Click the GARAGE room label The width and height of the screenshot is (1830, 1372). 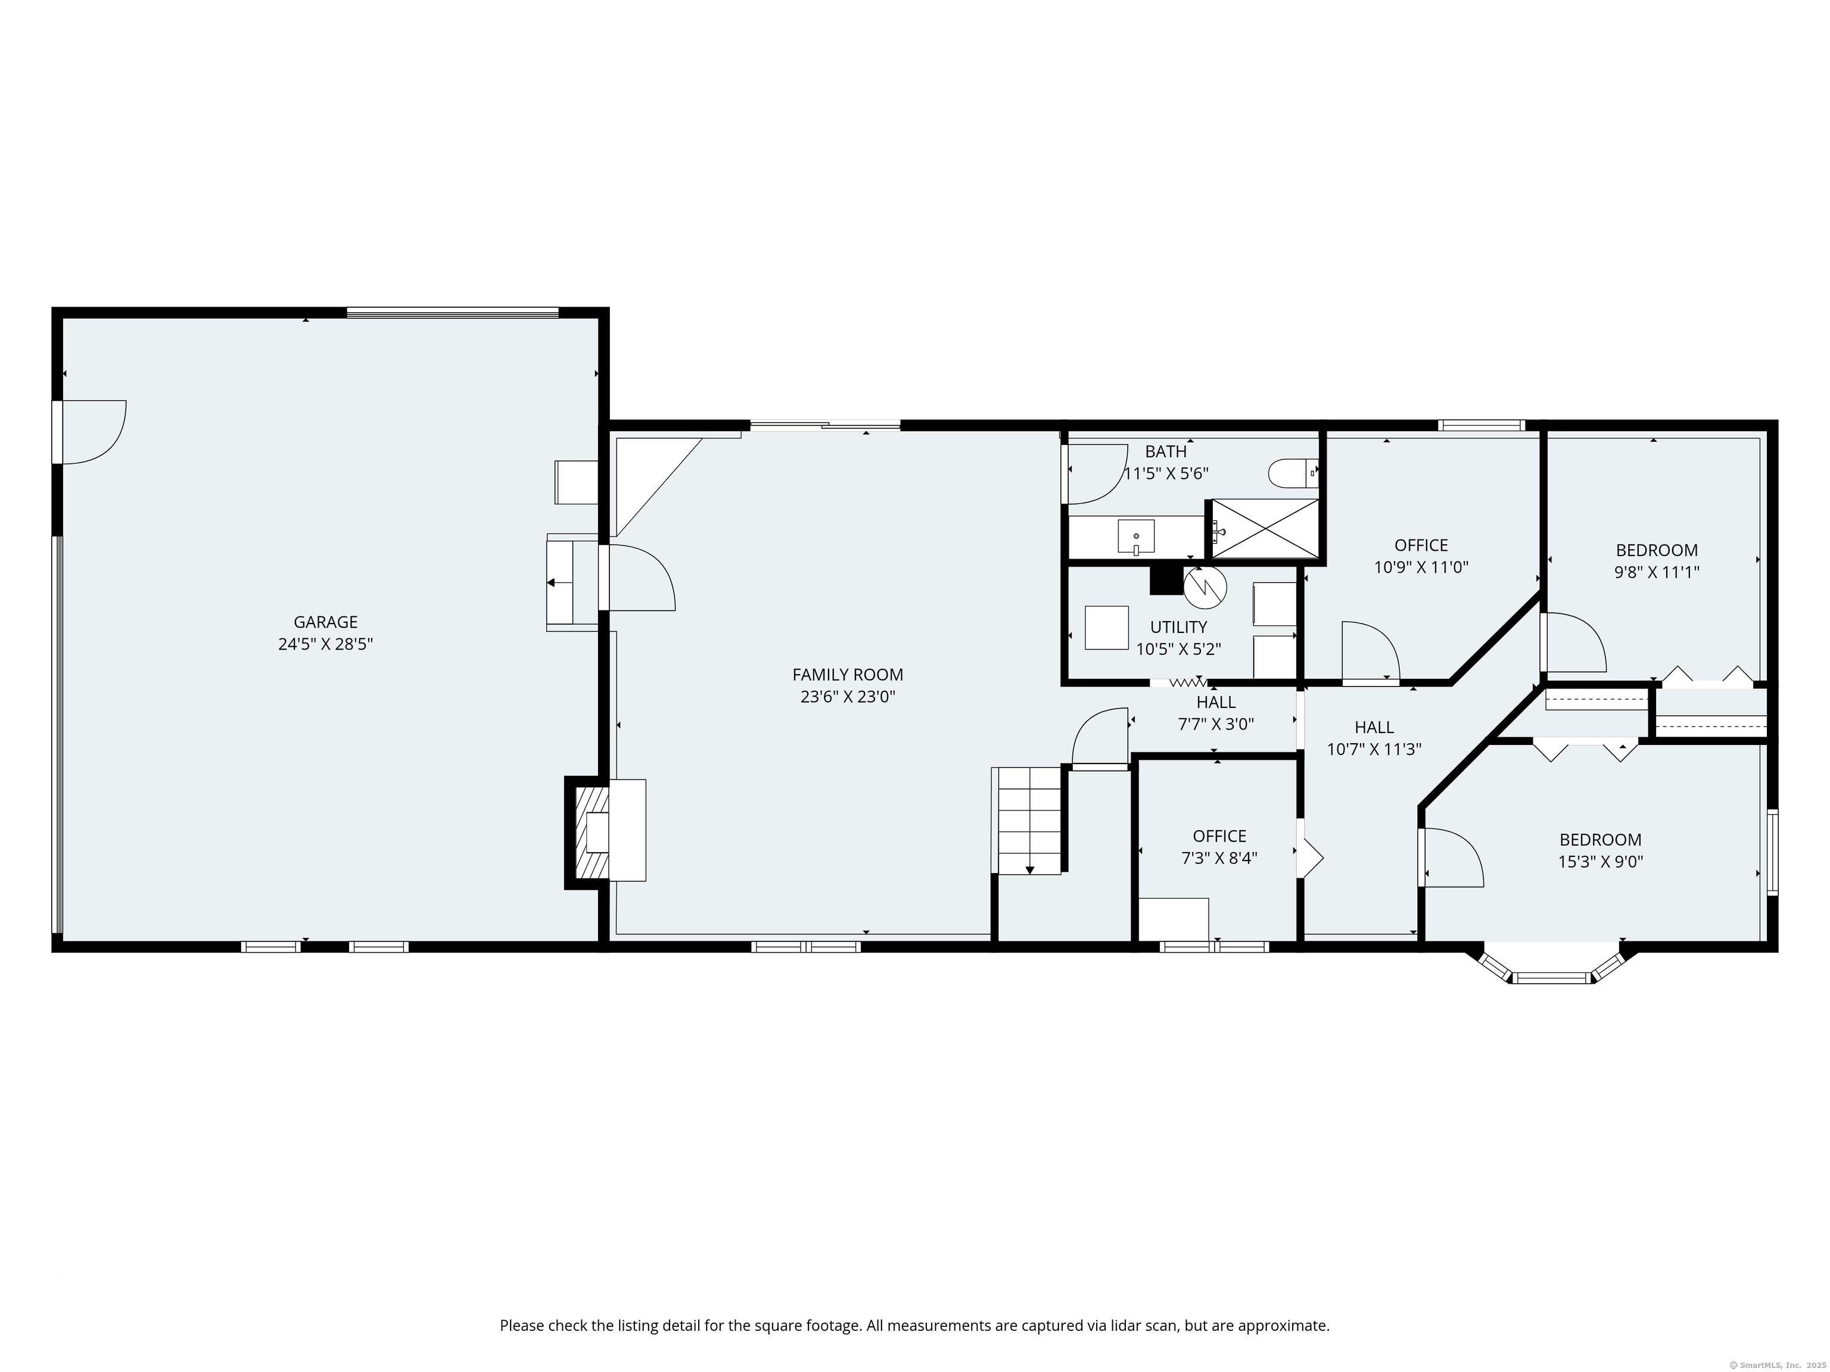325,622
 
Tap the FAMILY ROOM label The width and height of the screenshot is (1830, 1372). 848,675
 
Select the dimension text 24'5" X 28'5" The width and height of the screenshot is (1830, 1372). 325,644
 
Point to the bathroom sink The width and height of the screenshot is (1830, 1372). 1136,536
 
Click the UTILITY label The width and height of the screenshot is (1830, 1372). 1178,627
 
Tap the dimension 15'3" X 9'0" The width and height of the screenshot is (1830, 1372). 1600,862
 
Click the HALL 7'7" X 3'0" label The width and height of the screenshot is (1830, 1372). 1216,713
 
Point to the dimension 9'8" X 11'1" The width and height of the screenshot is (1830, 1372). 1657,572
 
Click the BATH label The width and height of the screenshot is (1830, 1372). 1166,451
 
